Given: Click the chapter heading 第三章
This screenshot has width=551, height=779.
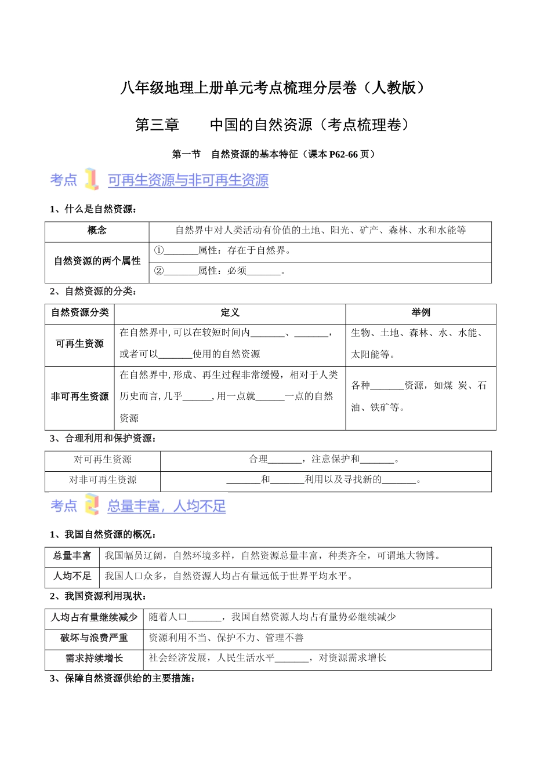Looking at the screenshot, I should (x=157, y=125).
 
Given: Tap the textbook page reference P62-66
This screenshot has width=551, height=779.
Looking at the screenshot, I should (x=343, y=154).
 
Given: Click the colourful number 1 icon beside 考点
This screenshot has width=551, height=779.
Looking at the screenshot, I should (x=91, y=179).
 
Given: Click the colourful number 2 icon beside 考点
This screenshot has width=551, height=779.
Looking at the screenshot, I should (x=92, y=504).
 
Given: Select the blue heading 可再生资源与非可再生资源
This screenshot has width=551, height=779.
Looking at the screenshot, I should (x=188, y=180).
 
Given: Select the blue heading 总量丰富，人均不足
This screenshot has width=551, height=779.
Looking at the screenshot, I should (x=166, y=506).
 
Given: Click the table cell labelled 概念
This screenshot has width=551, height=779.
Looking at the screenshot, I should (x=97, y=231).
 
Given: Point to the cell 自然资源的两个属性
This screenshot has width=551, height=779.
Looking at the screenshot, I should (x=97, y=261).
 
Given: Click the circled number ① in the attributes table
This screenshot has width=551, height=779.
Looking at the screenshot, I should (x=158, y=250).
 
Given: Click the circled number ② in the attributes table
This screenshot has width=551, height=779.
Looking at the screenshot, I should (x=158, y=271).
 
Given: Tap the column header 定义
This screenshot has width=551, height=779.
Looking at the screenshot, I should (x=230, y=313).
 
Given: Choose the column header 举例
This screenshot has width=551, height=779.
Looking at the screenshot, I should (x=420, y=313).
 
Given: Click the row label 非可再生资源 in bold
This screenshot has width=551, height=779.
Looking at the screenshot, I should (x=80, y=396).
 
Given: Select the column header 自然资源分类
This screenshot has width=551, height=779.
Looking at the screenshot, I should (x=80, y=313).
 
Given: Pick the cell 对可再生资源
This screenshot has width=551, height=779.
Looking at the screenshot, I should (x=103, y=460).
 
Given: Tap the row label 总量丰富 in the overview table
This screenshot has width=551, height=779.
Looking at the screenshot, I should (x=72, y=556).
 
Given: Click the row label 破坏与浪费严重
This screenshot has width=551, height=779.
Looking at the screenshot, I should (x=94, y=638).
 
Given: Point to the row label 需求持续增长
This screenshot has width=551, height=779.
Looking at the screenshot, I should (x=94, y=658).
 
